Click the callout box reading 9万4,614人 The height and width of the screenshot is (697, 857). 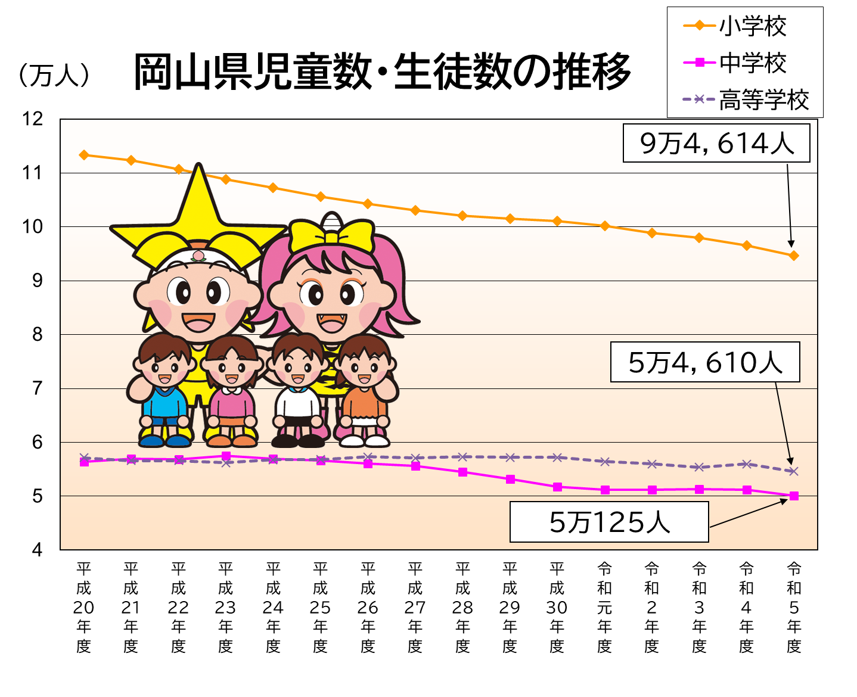coord(716,143)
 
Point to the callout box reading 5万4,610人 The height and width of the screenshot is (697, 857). coord(705,362)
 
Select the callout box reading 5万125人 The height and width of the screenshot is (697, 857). coord(609,522)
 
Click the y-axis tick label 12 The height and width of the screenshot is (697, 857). coord(33,119)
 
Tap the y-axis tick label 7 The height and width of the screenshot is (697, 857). coord(38,388)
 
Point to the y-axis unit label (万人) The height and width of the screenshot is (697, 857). coord(54,76)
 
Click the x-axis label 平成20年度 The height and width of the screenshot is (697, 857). coord(83,607)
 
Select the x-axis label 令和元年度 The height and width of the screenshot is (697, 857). coord(604,607)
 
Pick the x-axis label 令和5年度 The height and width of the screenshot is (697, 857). coord(794,607)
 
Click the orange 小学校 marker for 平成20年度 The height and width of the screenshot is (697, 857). coord(84,155)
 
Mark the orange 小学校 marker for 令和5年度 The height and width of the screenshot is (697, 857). coord(794,256)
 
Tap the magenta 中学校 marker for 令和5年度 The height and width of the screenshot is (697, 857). coord(794,496)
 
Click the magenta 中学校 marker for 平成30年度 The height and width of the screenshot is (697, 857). coord(557,487)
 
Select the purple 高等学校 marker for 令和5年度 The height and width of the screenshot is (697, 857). coord(794,471)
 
